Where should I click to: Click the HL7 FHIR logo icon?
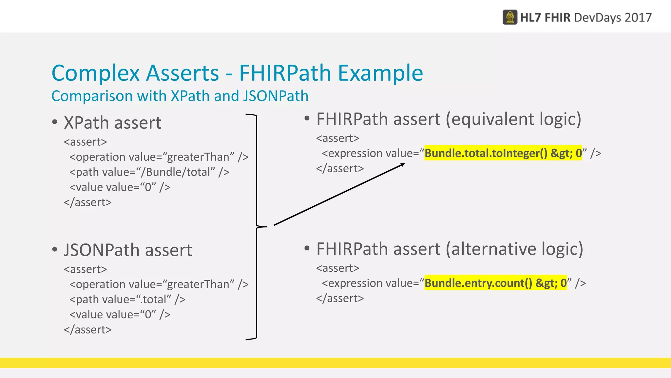tap(510, 17)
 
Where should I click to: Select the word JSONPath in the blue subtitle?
tap(276, 96)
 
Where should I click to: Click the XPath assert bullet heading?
tap(112, 123)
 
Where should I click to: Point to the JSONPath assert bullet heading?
tap(128, 250)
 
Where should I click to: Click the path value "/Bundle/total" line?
tap(149, 172)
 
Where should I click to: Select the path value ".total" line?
tap(127, 299)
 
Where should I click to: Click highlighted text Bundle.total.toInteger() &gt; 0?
tap(503, 153)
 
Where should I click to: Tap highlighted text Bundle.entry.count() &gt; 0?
tap(495, 283)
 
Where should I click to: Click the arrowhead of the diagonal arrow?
tap(403, 165)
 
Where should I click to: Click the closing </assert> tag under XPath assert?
tap(88, 202)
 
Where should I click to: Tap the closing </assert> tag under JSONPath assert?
tap(88, 329)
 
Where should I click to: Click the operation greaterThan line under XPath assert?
tap(159, 157)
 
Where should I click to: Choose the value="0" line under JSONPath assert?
tap(120, 314)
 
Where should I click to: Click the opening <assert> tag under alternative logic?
tap(337, 268)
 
